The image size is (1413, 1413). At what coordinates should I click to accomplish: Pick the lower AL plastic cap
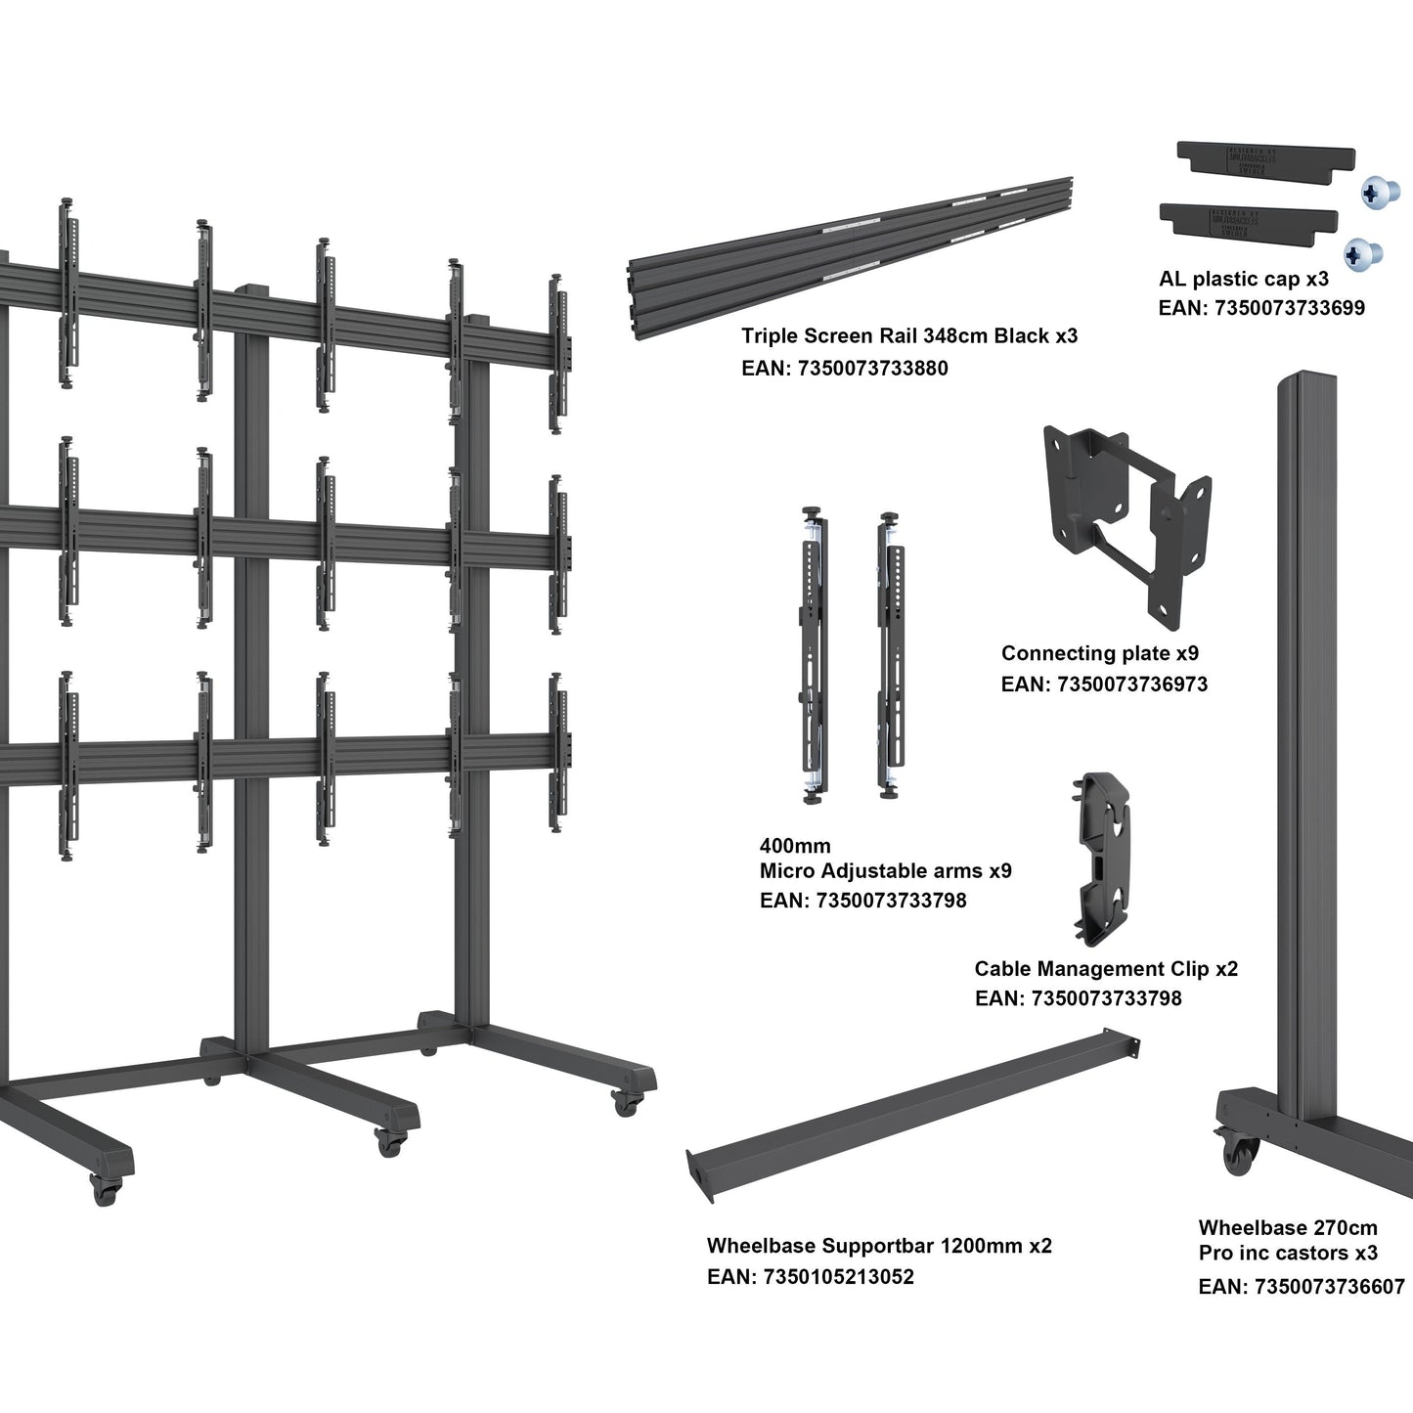[1248, 222]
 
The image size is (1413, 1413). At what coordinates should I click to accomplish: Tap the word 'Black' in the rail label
[1021, 336]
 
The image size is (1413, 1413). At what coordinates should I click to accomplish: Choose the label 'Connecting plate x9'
[1099, 653]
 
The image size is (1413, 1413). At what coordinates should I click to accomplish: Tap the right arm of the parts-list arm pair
[892, 655]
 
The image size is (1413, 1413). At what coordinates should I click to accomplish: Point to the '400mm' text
[794, 846]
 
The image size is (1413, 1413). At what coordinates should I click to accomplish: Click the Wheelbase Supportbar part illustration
[914, 1104]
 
